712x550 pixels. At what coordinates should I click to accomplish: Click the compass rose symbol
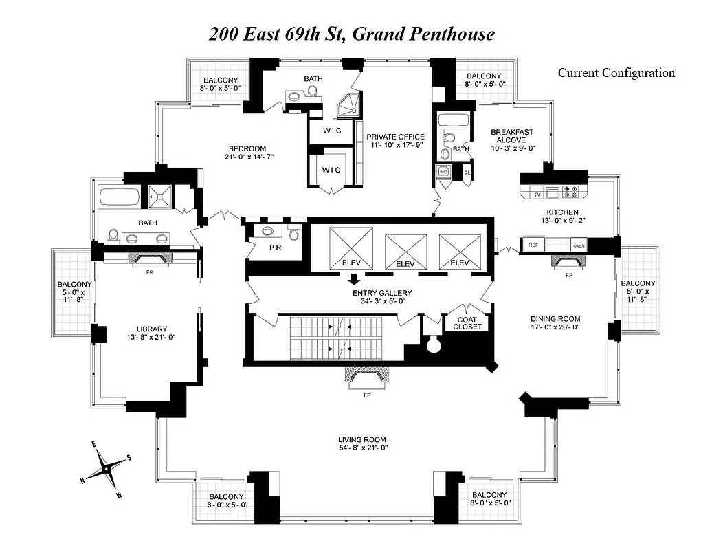click(x=107, y=469)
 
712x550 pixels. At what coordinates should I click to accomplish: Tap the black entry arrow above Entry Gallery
click(x=354, y=279)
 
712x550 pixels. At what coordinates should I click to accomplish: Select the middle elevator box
click(x=405, y=250)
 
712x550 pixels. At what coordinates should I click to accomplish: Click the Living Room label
click(x=361, y=439)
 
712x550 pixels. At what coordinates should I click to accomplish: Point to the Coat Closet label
click(x=467, y=322)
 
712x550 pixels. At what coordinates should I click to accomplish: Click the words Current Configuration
click(x=616, y=73)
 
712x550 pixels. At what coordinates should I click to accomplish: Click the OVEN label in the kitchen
click(x=578, y=245)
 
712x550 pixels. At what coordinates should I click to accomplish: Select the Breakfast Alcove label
click(x=511, y=135)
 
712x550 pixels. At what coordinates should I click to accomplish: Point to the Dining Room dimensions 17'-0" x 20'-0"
click(x=555, y=329)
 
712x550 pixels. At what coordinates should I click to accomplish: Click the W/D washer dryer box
click(x=443, y=173)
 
